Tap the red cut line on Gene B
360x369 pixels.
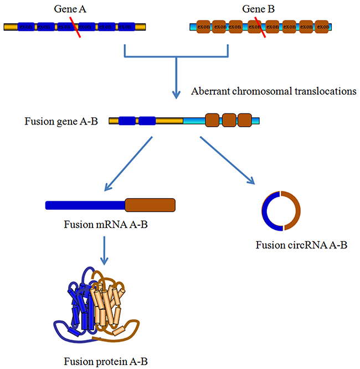tap(258, 27)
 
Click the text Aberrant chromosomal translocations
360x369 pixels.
tap(273, 91)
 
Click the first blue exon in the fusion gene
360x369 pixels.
tap(127, 120)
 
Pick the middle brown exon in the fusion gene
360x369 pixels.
tap(229, 120)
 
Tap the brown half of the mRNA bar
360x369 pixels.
tap(150, 205)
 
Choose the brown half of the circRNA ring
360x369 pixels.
tap(297, 211)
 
